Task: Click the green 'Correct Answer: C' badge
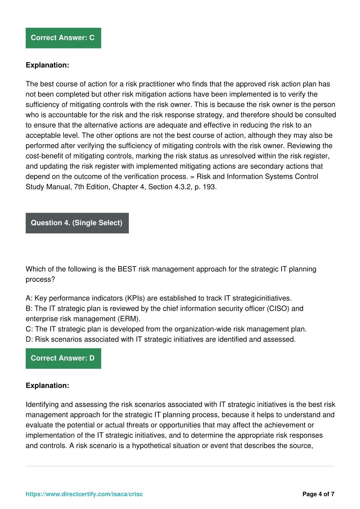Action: click(x=63, y=38)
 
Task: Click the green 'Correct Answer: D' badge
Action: click(x=63, y=358)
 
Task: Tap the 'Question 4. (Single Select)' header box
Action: click(x=77, y=223)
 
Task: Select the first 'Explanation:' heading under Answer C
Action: click(x=47, y=65)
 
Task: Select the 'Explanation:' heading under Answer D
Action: click(x=47, y=386)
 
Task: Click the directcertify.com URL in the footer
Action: click(x=84, y=494)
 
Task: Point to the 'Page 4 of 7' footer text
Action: click(x=318, y=494)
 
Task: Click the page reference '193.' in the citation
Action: click(x=210, y=187)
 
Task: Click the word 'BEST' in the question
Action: click(x=127, y=269)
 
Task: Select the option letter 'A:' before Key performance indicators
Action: click(x=29, y=298)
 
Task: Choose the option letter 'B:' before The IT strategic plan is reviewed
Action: click(x=29, y=309)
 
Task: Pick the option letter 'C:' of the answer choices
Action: click(x=30, y=329)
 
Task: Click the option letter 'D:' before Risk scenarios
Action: click(x=30, y=339)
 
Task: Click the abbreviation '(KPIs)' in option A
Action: click(x=135, y=298)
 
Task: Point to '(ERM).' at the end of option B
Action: click(x=129, y=319)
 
